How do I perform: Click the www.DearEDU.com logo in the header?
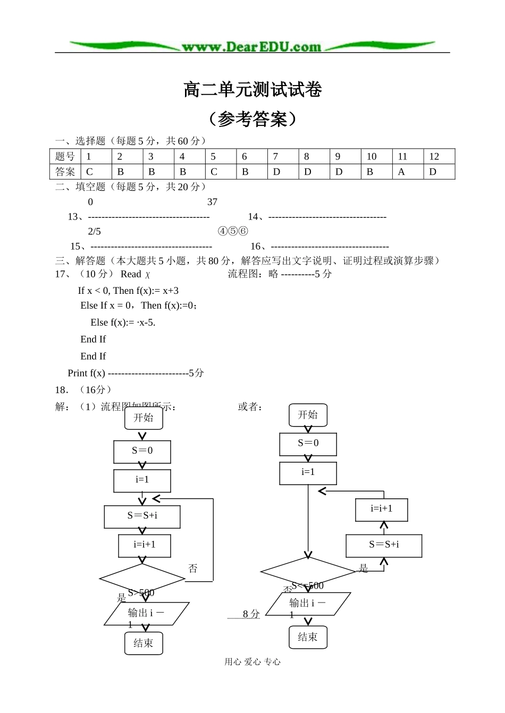tap(251, 47)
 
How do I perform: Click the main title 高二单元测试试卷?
tap(252, 90)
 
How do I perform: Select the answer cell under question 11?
tap(408, 172)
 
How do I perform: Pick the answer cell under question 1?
tap(96, 172)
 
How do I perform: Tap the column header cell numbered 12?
tap(439, 156)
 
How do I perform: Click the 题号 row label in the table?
tap(65, 156)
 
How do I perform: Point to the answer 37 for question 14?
tap(212, 202)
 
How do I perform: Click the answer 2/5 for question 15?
tap(94, 232)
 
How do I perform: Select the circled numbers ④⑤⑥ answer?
tap(233, 232)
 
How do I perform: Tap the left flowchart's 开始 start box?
tap(144, 418)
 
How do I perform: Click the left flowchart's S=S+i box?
tap(142, 516)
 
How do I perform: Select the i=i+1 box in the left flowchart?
tap(145, 545)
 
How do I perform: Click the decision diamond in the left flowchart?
tap(142, 580)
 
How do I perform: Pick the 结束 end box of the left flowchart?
tap(144, 643)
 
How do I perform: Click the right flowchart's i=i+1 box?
tap(382, 510)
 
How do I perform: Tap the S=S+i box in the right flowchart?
tap(384, 545)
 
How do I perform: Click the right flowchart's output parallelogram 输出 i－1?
tap(308, 604)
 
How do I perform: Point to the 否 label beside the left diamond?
tap(193, 568)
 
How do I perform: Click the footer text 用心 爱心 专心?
tap(252, 661)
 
